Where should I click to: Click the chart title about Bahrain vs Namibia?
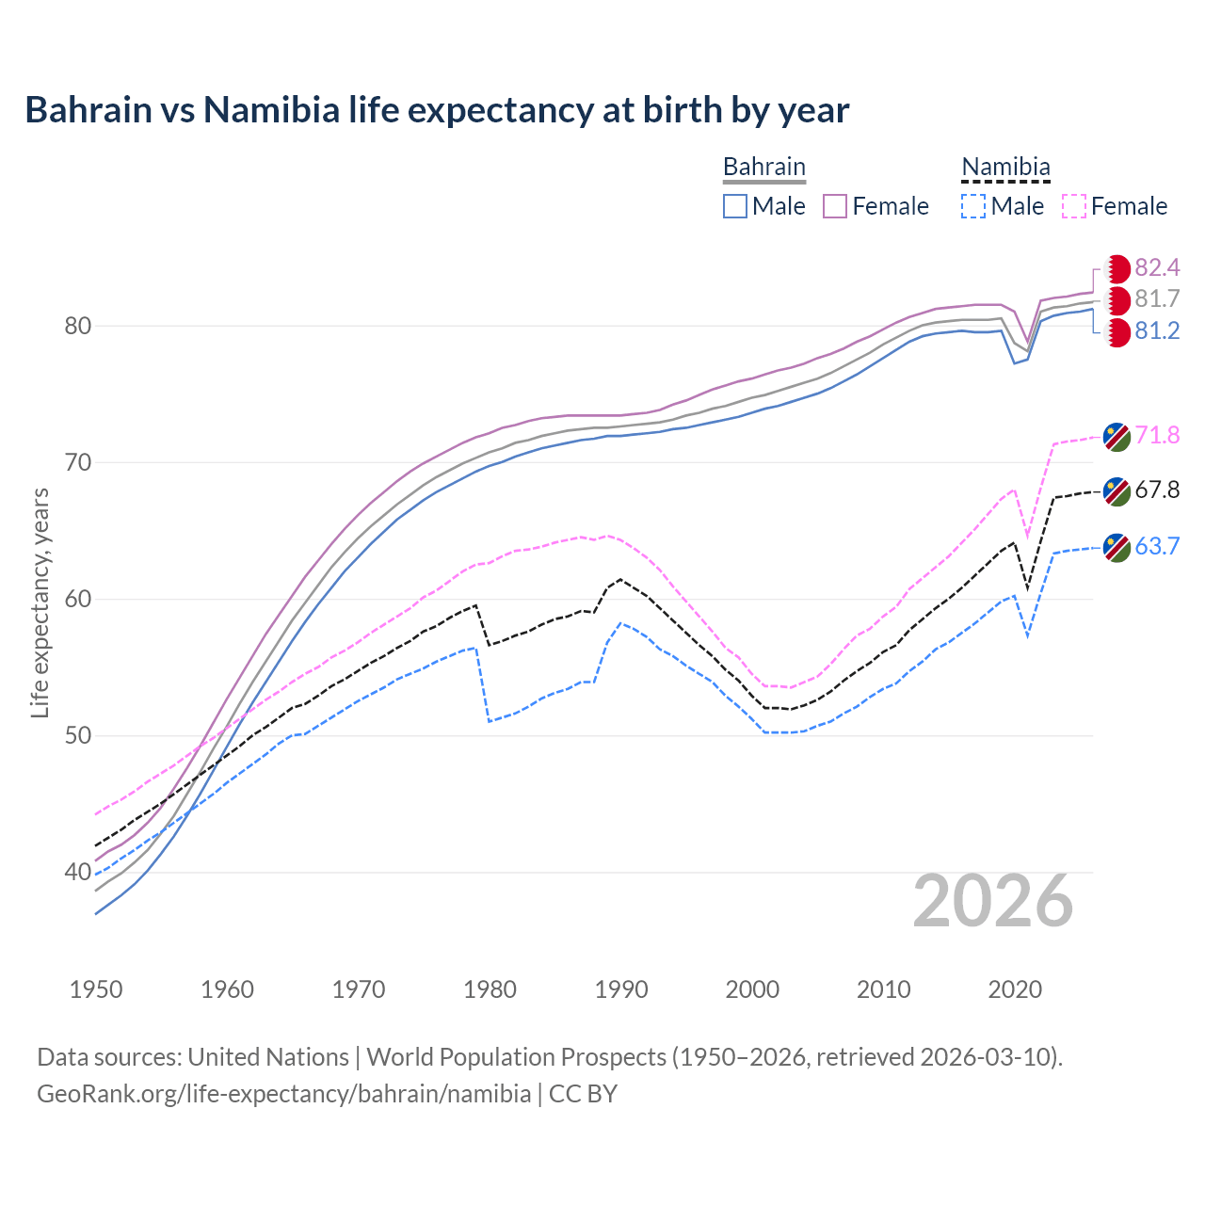437,110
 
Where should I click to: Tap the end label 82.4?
1157,268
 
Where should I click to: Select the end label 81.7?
1157,299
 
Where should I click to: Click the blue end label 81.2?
1157,330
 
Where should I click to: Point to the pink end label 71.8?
1157,435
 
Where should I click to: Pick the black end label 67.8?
1157,490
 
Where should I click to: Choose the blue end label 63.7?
1157,546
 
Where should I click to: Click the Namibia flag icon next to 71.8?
1117,436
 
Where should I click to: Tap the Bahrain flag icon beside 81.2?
1117,332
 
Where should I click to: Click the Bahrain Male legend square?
735,206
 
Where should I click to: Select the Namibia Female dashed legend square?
1074,206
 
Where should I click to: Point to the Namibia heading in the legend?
1005,167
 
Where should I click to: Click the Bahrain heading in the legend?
763,167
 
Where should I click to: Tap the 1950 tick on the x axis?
96,989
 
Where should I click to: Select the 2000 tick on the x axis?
752,989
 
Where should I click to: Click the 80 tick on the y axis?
77,326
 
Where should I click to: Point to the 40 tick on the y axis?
77,872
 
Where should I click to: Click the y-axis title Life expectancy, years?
40,602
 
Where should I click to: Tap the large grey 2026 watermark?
993,901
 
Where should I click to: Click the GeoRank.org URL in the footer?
283,1094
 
